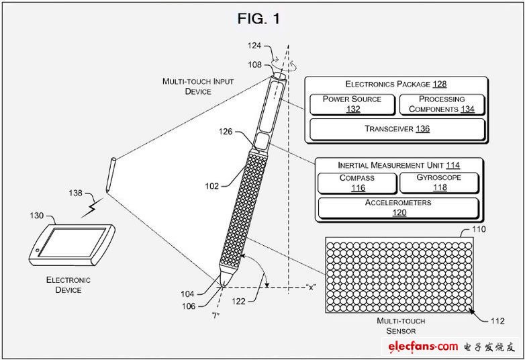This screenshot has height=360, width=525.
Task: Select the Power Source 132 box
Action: (x=351, y=104)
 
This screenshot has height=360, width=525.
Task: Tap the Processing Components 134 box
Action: (x=442, y=104)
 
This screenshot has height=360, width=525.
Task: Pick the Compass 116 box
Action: (x=356, y=183)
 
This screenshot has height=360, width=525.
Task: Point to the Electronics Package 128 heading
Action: (x=396, y=84)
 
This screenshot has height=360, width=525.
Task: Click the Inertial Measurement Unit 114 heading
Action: (x=399, y=165)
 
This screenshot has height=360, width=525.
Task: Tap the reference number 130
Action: (x=36, y=216)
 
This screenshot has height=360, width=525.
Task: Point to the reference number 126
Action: (x=225, y=132)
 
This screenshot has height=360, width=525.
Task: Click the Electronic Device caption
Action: (x=68, y=285)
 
